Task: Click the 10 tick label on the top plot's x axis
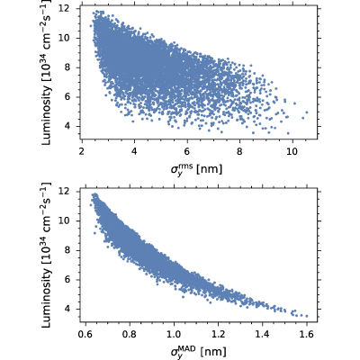tap(292, 151)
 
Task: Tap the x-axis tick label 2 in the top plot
tap(81, 151)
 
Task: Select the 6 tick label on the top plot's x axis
tap(187, 151)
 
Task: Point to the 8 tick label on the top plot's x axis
tap(239, 151)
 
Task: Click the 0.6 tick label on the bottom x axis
tap(85, 334)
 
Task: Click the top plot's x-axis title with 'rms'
tap(196, 169)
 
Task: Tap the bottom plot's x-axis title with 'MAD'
tap(198, 351)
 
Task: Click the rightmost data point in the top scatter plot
tap(307, 112)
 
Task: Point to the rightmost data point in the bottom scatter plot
tap(307, 316)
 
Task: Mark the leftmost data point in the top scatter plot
tap(91, 26)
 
